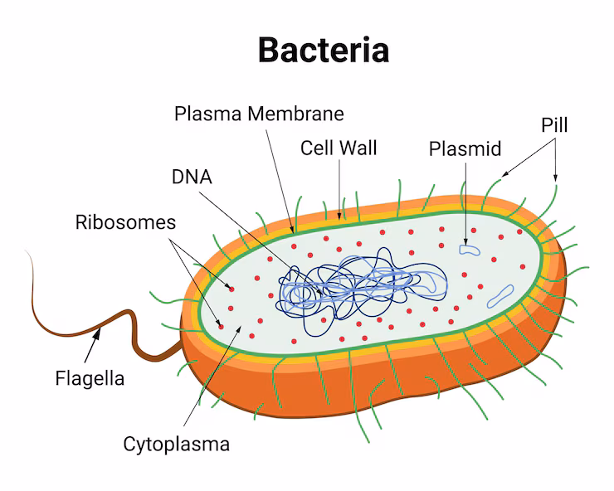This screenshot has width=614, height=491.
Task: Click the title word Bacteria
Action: coord(323,50)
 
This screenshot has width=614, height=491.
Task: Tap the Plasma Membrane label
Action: coord(259,113)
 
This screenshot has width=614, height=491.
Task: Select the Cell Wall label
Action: coord(339,148)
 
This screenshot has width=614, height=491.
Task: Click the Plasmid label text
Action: coord(465,149)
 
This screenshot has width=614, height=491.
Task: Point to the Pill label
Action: coord(554,125)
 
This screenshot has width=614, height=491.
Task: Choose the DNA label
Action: coord(192,177)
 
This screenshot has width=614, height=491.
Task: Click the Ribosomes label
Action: coord(125,222)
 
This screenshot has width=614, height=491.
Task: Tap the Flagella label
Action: coord(90,379)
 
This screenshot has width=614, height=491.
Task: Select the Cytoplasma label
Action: coord(177,444)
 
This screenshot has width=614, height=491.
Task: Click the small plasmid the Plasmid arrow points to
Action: coord(470,248)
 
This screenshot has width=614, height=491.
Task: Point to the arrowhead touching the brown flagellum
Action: coord(100,333)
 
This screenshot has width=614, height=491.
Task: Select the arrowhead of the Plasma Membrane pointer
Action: coord(291,226)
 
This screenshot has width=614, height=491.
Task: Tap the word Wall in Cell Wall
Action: coord(358,148)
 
